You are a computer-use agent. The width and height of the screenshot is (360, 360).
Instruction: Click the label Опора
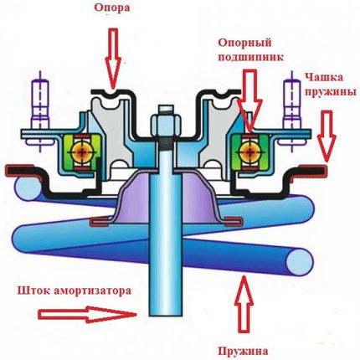point(112,8)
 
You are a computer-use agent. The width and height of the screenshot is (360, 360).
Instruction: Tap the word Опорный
point(244,43)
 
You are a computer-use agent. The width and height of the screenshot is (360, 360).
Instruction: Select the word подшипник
point(250,57)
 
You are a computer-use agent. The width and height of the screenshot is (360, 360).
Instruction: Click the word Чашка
point(324,77)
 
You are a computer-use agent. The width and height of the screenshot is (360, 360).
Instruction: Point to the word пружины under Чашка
point(330,91)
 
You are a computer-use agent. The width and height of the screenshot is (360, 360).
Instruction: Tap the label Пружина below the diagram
point(243,351)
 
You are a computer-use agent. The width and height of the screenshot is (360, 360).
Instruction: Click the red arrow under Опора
point(113,58)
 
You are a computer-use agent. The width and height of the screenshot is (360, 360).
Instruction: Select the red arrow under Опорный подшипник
point(249,100)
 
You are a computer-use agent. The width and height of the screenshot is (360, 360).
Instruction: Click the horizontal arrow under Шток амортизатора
point(87,314)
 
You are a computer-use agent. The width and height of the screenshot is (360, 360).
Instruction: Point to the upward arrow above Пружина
point(244,304)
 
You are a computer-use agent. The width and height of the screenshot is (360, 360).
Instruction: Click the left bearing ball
point(82,152)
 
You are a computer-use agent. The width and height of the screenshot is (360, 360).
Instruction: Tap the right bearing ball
point(249,152)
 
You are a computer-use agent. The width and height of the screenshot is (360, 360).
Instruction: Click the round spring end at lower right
point(299,262)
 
